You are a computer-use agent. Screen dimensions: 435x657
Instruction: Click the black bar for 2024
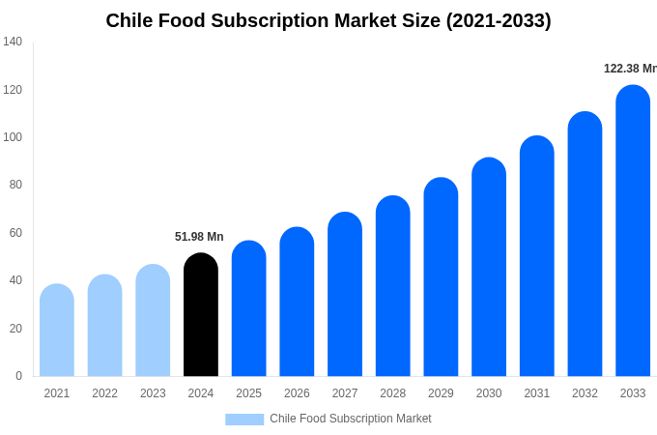pos(201,315)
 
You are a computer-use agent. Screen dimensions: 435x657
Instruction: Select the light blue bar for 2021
pos(57,331)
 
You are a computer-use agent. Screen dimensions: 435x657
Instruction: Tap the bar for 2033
pos(633,231)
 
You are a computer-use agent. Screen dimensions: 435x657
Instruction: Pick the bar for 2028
pos(393,286)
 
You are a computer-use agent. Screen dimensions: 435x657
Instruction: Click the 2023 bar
pos(153,321)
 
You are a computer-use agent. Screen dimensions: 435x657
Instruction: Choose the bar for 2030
pos(489,267)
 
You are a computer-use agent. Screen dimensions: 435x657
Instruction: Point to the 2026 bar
pos(297,302)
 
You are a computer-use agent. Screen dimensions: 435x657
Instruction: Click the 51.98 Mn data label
pos(199,237)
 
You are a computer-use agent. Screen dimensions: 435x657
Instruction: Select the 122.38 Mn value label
pos(630,69)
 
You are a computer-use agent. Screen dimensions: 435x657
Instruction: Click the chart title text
pos(328,20)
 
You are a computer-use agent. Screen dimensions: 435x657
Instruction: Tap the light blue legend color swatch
pos(244,420)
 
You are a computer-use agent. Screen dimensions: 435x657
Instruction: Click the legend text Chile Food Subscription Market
pos(351,419)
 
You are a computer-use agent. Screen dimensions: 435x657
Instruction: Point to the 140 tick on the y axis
pos(13,42)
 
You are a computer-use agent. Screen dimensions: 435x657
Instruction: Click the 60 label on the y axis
pos(15,233)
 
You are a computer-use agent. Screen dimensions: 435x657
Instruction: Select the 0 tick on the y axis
pos(18,376)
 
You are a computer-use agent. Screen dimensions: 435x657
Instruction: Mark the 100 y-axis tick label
pos(13,137)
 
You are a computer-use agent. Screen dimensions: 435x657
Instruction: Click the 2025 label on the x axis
pos(248,393)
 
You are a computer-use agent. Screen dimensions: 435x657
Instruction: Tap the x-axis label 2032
pos(585,393)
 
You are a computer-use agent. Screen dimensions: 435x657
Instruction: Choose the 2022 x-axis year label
pos(104,393)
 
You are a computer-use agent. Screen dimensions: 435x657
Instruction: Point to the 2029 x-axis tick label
pos(441,393)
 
